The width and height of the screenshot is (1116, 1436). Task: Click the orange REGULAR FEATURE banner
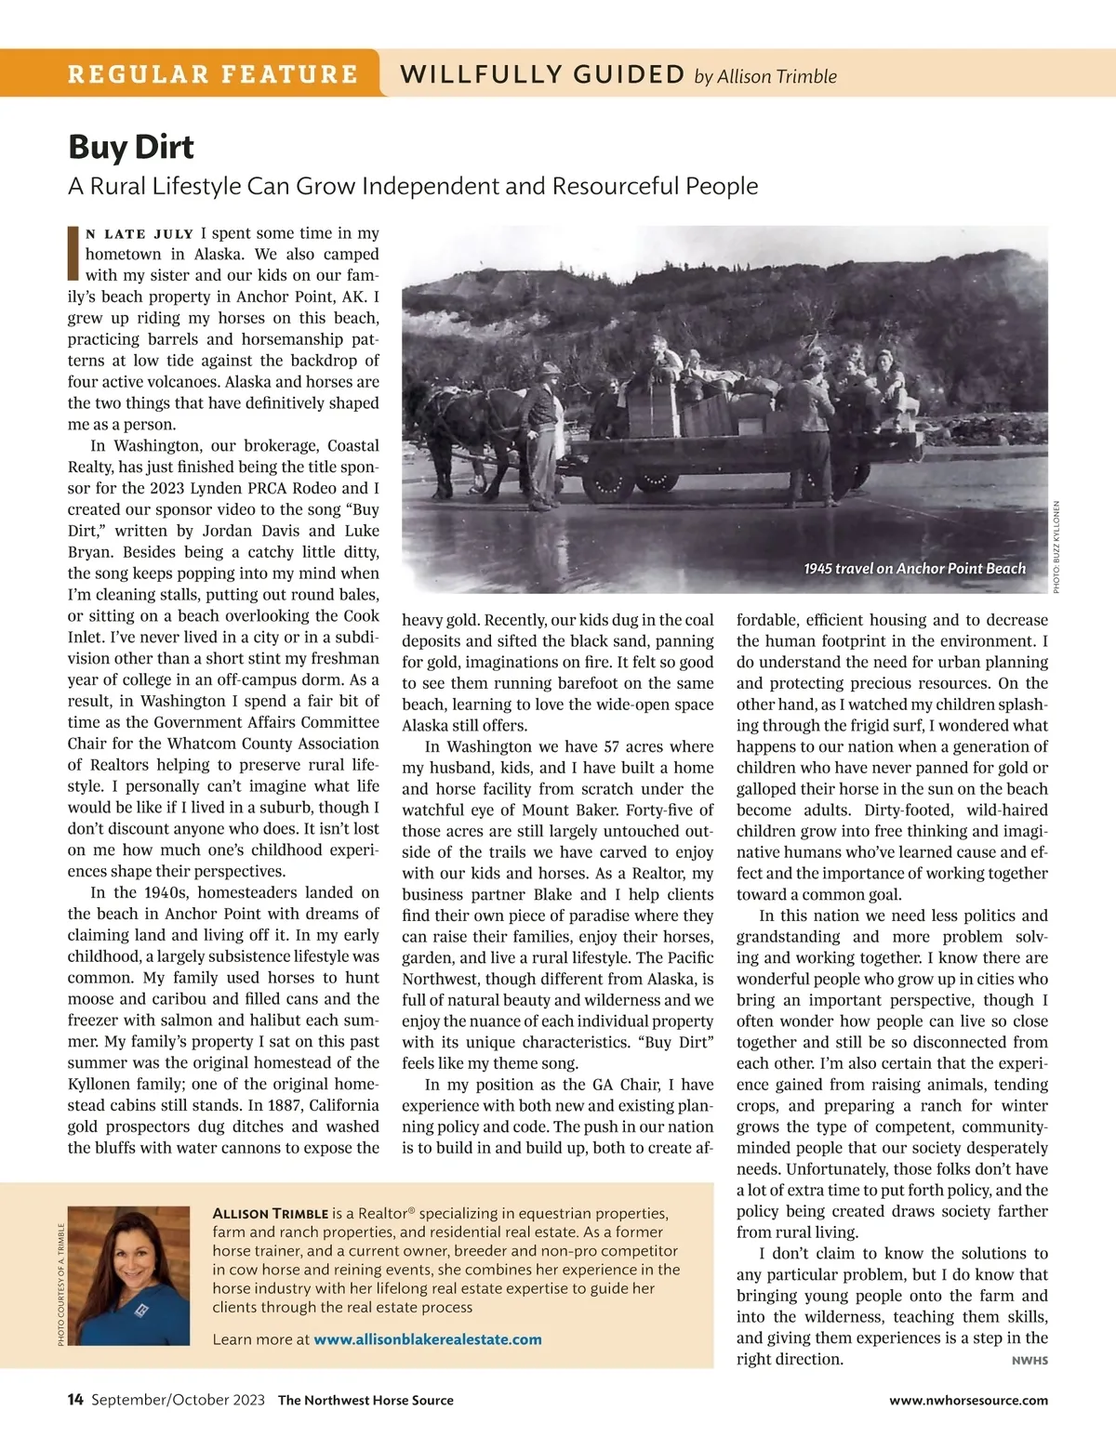[x=212, y=73]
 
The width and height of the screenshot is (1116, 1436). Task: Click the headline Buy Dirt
[x=131, y=147]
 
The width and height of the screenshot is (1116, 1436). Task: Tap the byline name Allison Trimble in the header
[x=777, y=77]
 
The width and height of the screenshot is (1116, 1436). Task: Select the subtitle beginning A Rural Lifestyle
[x=413, y=186]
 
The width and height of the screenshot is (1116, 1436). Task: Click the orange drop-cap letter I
[x=73, y=253]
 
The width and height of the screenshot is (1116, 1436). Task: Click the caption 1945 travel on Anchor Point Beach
[x=914, y=568]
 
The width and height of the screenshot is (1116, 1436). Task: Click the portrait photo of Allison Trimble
[x=129, y=1275]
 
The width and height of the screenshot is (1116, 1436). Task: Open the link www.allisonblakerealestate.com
[x=427, y=1339]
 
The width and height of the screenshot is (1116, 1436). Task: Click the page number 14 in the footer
[x=75, y=1400]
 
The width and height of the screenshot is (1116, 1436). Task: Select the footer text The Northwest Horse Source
[x=365, y=1400]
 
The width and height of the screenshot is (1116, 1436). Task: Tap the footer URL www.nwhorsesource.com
[x=968, y=1400]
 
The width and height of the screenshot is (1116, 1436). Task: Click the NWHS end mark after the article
[x=1030, y=1361]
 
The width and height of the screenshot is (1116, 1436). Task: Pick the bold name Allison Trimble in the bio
[x=271, y=1214]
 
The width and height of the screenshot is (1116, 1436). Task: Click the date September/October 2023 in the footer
[x=178, y=1400]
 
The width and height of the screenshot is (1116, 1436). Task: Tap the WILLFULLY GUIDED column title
[x=542, y=74]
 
